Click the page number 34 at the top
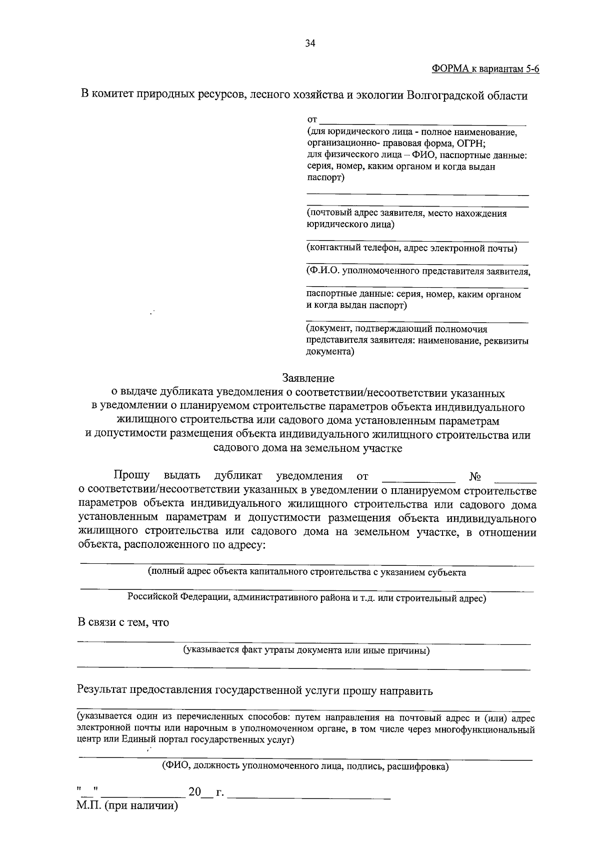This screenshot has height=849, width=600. pos(310,44)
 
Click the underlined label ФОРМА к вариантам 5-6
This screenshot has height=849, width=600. pos(485,69)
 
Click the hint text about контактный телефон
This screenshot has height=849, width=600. pos(411,248)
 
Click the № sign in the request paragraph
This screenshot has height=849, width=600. pos(475,476)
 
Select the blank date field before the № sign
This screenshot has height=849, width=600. pos(418,478)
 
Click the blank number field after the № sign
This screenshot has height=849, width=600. pos(518,478)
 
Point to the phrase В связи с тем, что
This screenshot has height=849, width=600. pos(123,622)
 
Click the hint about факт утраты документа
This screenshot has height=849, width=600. pos(306,650)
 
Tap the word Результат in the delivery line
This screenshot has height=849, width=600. pos(102,691)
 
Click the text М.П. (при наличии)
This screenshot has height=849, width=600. pos(127,806)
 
